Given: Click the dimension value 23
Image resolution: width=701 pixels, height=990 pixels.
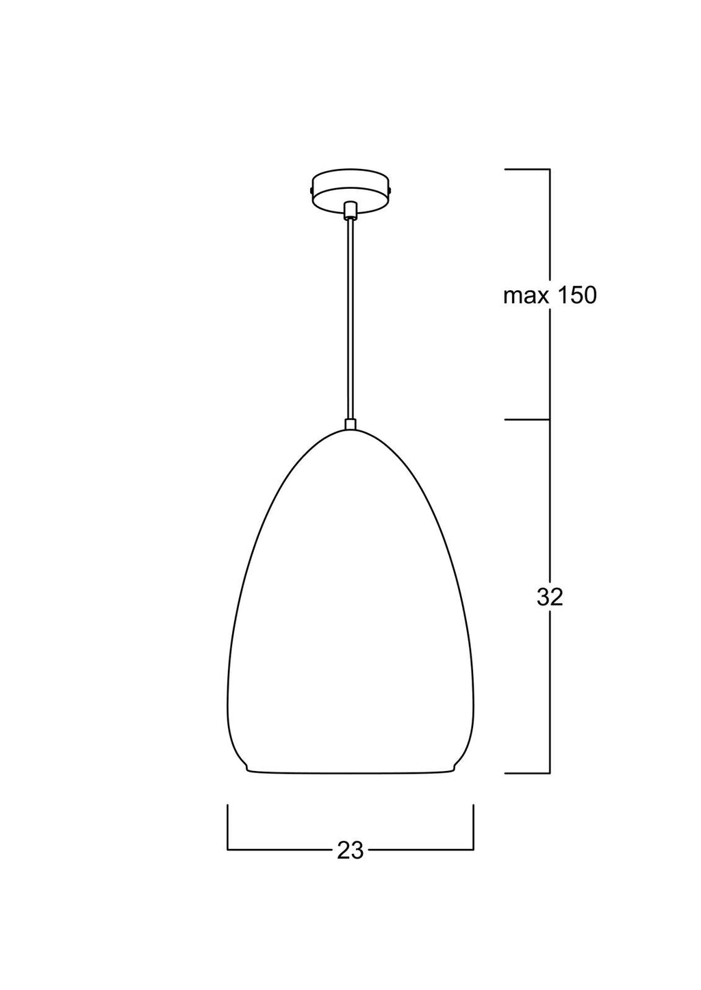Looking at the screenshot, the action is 350,850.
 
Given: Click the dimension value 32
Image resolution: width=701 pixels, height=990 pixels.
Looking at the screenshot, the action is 550,598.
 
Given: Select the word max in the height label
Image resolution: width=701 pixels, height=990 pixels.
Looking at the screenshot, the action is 524,296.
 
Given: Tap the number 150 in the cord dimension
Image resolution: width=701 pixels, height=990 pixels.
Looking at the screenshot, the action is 575,295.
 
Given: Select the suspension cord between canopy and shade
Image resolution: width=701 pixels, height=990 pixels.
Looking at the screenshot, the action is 350,319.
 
